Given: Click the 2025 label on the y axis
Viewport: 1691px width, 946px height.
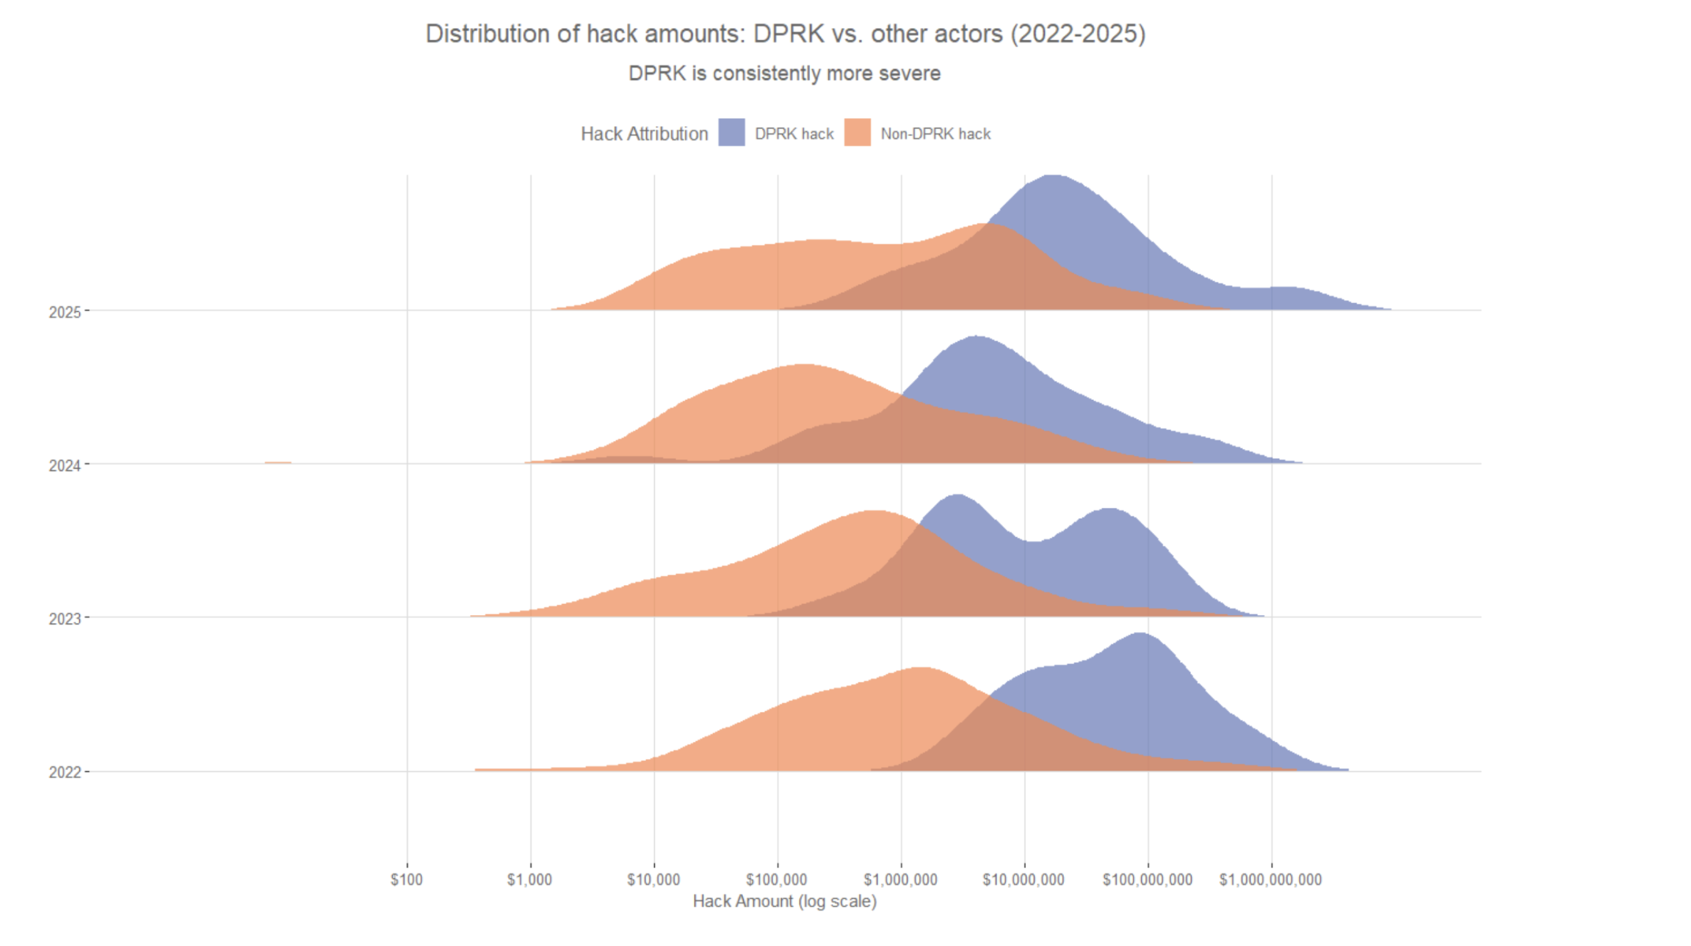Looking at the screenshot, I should (x=65, y=312).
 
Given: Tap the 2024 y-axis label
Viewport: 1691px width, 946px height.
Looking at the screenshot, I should (x=65, y=465).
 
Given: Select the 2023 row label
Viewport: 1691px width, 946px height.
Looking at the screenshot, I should (x=65, y=619).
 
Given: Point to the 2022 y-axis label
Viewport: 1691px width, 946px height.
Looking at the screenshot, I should (x=65, y=772).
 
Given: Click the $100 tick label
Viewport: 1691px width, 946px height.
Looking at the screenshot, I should (x=406, y=879).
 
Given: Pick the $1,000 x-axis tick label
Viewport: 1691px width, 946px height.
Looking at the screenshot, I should (x=529, y=879).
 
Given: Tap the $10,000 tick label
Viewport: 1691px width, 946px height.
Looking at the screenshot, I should (x=653, y=879).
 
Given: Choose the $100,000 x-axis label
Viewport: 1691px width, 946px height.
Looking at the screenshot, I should (x=776, y=879).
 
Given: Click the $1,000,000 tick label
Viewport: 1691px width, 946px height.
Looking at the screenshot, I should (x=900, y=879).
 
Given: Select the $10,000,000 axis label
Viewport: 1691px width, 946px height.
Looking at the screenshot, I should (x=1024, y=879).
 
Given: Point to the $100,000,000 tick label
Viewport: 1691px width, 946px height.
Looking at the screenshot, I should (x=1147, y=879).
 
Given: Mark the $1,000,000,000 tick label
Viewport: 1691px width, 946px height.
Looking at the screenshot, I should (x=1270, y=879).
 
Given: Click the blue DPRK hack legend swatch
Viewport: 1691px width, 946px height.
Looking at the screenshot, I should (x=731, y=133).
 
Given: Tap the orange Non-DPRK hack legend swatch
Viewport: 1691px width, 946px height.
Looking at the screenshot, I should (x=857, y=133).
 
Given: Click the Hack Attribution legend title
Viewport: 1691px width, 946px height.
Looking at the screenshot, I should (x=644, y=134).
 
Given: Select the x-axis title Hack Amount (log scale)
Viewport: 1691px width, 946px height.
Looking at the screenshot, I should (x=784, y=901).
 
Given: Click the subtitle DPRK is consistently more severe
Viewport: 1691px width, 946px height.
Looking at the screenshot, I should (x=784, y=73).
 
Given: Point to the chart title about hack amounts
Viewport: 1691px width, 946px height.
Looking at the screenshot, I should (x=785, y=34).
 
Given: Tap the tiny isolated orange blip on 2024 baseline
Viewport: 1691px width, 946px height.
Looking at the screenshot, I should (x=278, y=462).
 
